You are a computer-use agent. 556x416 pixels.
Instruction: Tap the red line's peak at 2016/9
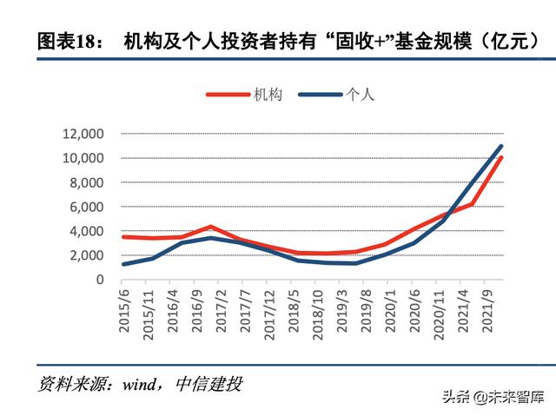pyautogui.click(x=210, y=227)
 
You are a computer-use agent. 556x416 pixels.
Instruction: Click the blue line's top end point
pyautogui.click(x=501, y=146)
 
